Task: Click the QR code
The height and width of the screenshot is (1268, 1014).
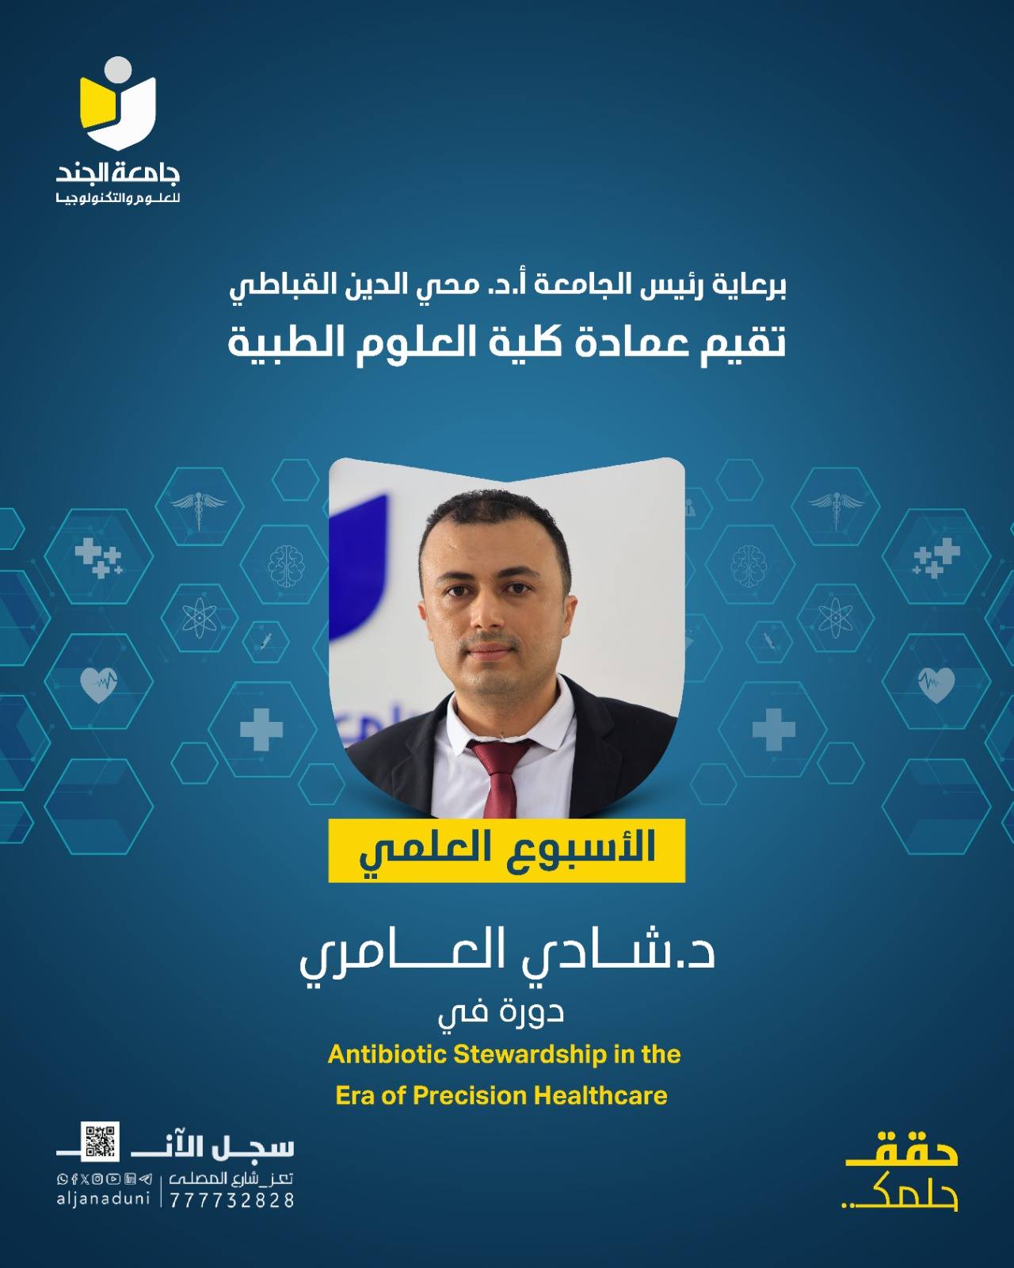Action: point(100,1141)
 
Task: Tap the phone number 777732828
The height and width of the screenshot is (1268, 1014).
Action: point(232,1201)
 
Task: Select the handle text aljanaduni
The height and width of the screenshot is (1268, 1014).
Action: point(103,1199)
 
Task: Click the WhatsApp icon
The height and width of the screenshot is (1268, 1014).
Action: point(62,1179)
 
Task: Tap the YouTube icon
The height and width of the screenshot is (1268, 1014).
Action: point(114,1179)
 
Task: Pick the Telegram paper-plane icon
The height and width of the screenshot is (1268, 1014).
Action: point(146,1179)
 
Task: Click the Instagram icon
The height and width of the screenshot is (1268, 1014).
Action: point(97,1179)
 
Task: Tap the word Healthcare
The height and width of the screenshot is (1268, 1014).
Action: point(600,1096)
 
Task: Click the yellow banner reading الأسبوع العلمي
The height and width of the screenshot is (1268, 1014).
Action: point(507,850)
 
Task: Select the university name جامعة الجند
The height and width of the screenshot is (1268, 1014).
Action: point(118,174)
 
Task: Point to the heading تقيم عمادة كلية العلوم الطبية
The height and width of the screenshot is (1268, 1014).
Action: point(507,343)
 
